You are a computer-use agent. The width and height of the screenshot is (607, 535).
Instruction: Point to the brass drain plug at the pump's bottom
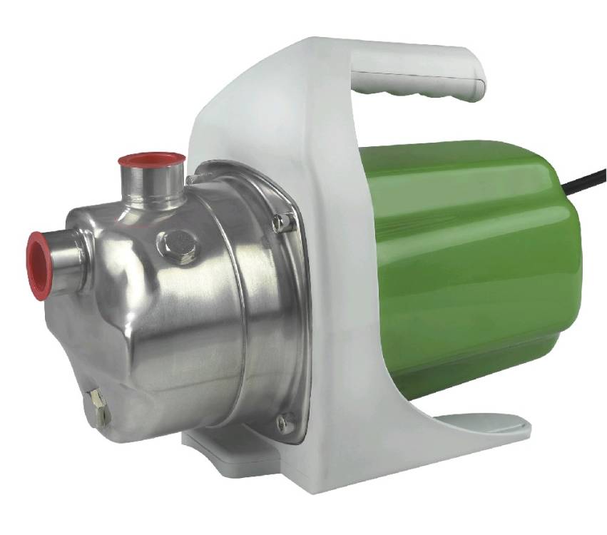click(x=99, y=407)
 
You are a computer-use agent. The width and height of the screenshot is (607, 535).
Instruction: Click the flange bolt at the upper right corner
click(x=282, y=222)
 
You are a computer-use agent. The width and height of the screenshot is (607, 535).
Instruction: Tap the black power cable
click(x=586, y=183)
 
